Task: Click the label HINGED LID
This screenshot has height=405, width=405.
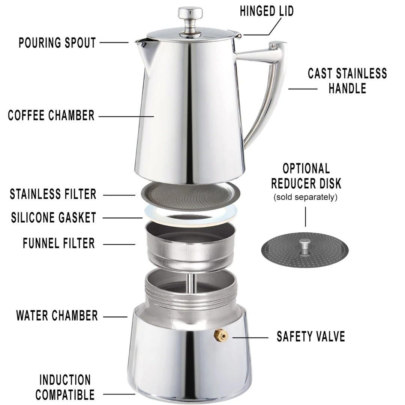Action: [267, 11]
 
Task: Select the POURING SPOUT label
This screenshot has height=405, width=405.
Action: [57, 43]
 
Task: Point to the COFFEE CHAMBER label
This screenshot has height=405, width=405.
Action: [51, 115]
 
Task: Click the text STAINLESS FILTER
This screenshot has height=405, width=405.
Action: [53, 194]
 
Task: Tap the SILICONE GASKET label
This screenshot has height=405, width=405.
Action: [54, 217]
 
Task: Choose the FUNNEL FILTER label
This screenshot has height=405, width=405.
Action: [58, 243]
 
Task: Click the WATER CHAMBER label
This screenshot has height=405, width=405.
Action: [57, 316]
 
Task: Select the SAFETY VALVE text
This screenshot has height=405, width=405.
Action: [311, 337]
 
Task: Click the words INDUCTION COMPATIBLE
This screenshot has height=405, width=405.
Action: [65, 387]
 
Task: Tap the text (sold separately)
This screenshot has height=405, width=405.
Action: [306, 197]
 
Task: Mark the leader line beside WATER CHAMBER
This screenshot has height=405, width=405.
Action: [115, 317]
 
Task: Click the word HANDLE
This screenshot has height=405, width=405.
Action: [347, 88]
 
